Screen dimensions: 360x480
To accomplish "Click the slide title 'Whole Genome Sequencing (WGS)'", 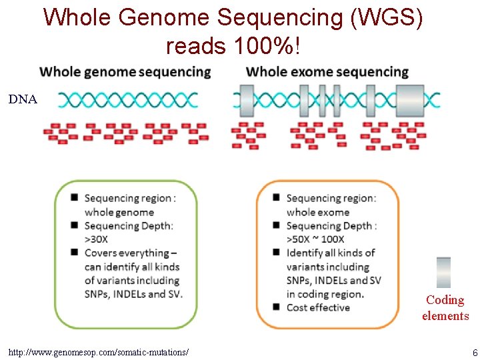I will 233,17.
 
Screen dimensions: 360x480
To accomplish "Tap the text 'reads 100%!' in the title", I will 233,46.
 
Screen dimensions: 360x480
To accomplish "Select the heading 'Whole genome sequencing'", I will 125,72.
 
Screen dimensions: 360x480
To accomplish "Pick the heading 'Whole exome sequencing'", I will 327,72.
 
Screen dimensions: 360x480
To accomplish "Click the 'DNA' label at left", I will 23,100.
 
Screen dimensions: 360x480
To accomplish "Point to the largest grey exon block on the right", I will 410,100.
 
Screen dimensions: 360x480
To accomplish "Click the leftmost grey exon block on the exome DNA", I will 246,100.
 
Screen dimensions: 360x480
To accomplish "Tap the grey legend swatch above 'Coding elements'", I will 443,272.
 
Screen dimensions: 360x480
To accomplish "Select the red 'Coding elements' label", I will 445,308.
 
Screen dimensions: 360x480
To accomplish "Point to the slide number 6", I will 474,352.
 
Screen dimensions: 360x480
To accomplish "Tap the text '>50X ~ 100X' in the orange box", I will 315,239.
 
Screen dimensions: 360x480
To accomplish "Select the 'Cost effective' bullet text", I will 318,307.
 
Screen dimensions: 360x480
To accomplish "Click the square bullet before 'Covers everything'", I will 75,253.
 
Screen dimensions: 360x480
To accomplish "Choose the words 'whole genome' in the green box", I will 119,212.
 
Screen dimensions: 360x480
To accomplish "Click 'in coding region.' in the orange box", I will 325,294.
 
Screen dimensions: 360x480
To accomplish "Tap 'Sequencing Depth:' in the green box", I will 129,226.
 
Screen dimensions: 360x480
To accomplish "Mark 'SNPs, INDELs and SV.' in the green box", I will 133,294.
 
